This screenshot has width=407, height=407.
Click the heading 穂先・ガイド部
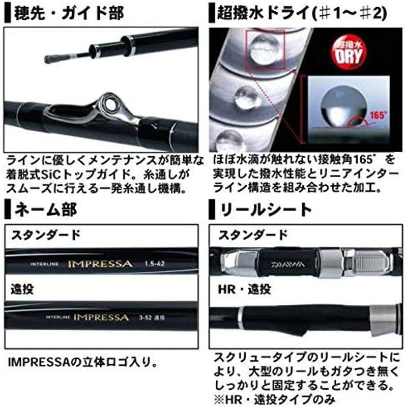point(69,13)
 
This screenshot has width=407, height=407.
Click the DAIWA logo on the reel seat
point(290,264)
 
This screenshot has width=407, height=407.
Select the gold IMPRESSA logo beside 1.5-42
point(100,264)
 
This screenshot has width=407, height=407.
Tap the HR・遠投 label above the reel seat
point(245,289)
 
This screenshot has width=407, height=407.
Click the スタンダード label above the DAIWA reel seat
point(253,235)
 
